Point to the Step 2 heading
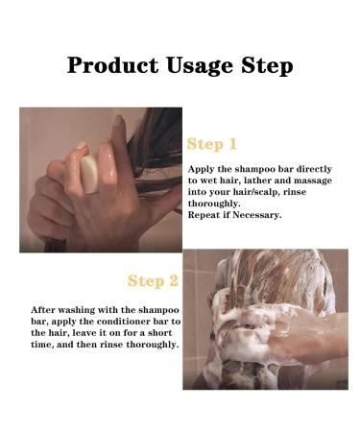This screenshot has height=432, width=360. click(153, 281)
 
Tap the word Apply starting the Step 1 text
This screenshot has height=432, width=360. click(200, 168)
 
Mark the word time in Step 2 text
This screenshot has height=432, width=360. click(41, 346)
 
